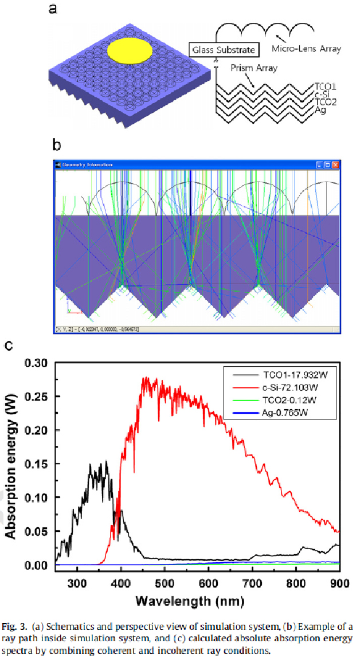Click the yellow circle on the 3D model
pos(130,50)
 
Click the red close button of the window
pos(336,165)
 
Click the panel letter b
pos(56,144)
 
